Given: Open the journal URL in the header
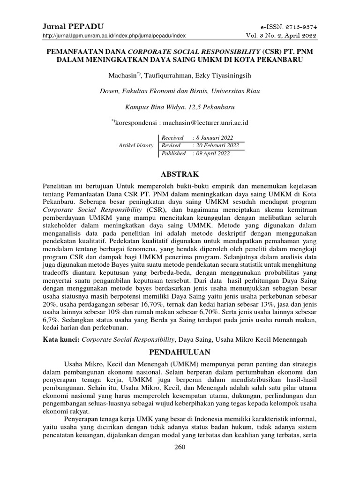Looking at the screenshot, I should (114, 36).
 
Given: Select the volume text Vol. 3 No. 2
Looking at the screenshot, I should (265, 35).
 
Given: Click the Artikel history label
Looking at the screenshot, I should (135, 145).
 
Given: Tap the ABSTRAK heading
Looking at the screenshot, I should (180, 173).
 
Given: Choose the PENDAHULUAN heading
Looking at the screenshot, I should (180, 351).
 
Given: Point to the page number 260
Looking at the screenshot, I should (180, 447).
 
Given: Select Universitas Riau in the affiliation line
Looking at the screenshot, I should (235, 90).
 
